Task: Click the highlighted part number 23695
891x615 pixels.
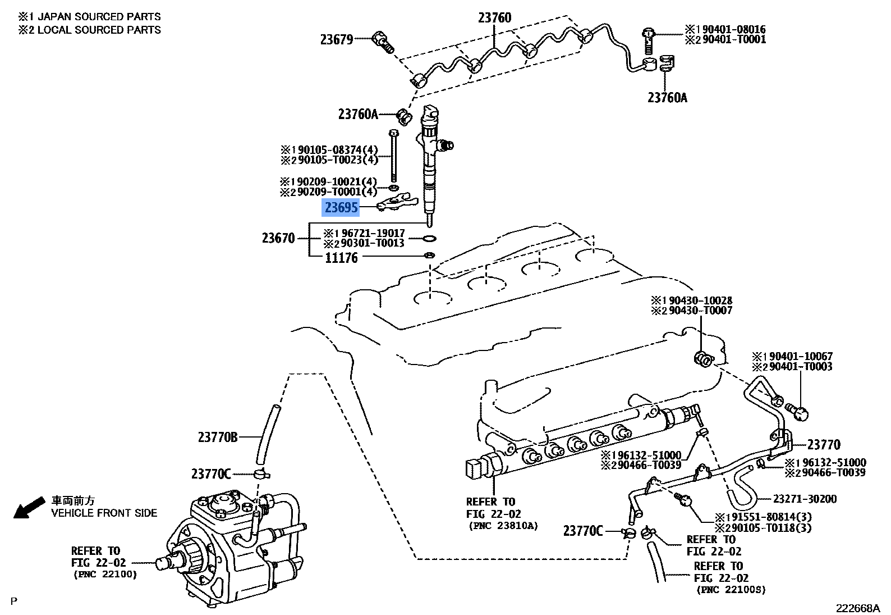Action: [x=341, y=208]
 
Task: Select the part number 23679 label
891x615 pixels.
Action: [x=337, y=39]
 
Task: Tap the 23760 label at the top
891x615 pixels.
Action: [x=494, y=18]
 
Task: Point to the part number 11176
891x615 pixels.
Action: [x=341, y=258]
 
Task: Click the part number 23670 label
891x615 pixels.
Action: [x=278, y=238]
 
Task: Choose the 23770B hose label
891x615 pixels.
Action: [x=218, y=437]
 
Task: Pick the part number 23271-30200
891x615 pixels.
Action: [x=805, y=499]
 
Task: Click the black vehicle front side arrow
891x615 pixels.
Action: [x=28, y=508]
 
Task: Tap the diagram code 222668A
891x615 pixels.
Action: [x=857, y=608]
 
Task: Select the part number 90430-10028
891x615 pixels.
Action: [x=700, y=300]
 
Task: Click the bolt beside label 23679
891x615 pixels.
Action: [x=384, y=42]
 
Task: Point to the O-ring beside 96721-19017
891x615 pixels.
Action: [x=429, y=238]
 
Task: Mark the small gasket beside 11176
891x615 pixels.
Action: [x=429, y=256]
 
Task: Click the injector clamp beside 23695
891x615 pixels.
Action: [x=397, y=201]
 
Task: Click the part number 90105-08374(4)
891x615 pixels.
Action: [x=337, y=150]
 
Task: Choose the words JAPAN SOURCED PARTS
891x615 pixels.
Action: [x=99, y=17]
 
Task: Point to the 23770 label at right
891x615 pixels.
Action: [x=824, y=445]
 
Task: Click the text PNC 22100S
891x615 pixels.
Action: [x=731, y=590]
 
